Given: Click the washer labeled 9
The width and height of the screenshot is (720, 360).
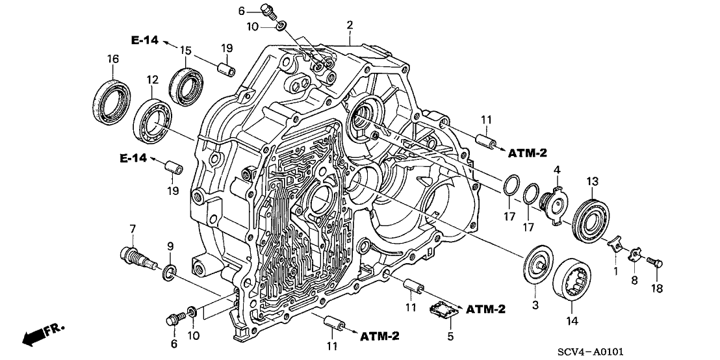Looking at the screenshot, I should (168, 272).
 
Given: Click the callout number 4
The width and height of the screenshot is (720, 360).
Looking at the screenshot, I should (556, 170).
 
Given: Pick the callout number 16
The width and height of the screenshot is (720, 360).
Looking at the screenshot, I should (112, 59).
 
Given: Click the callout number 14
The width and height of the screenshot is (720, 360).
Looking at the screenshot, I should (572, 320).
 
